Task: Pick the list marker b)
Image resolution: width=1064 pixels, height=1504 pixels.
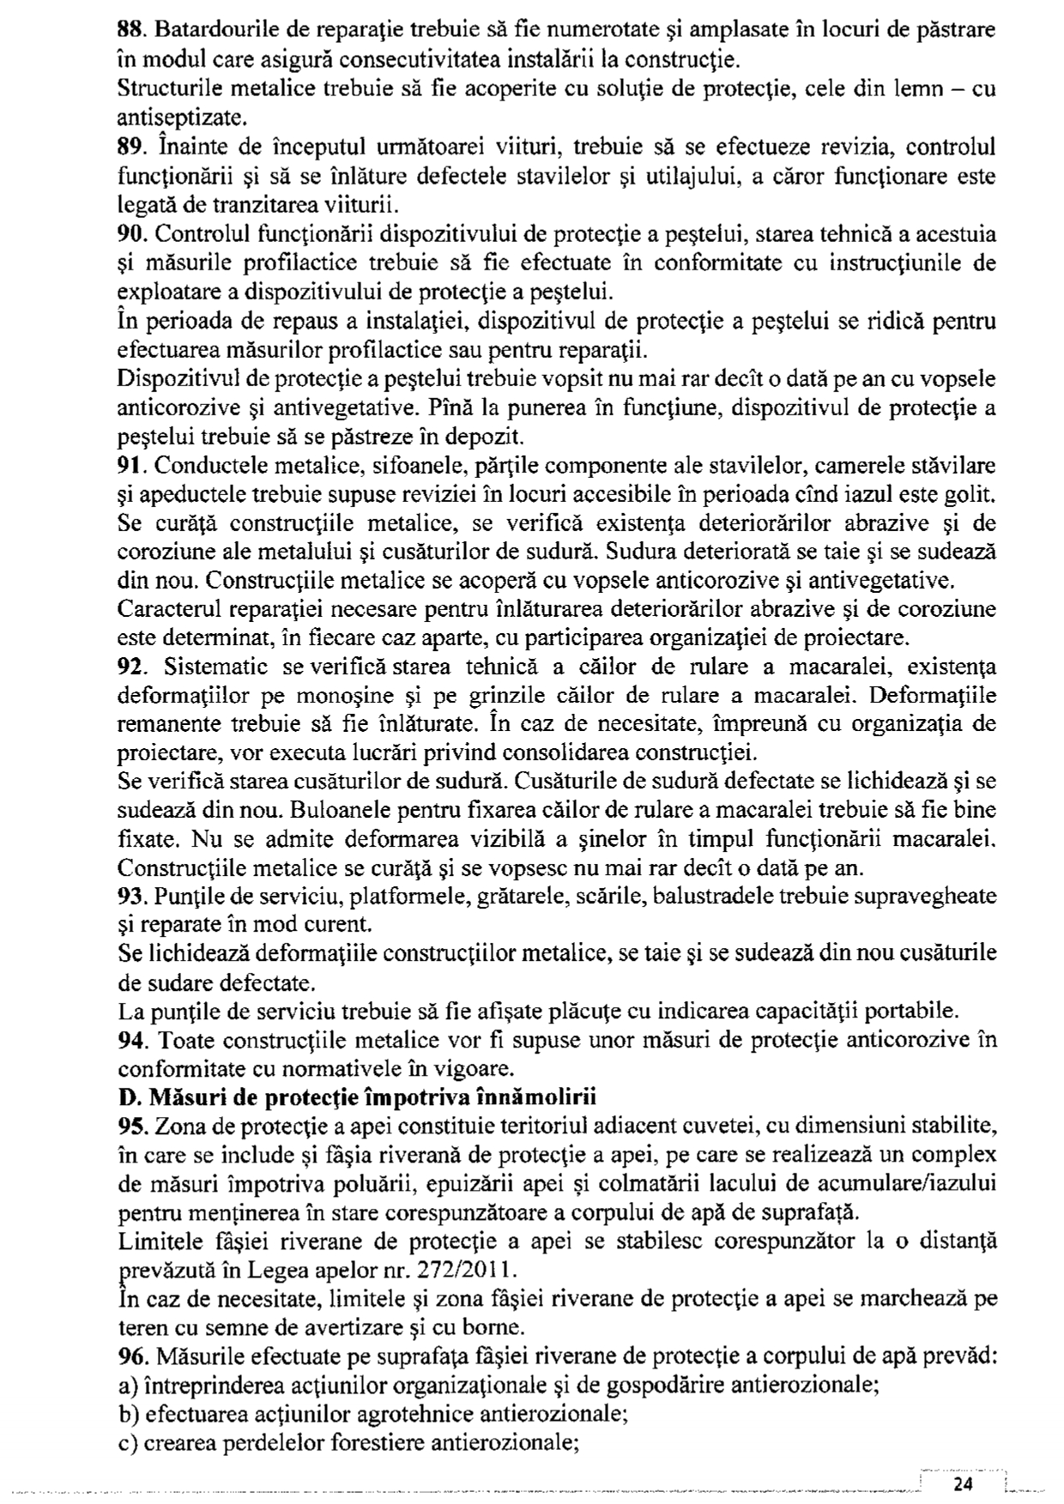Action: click(127, 1414)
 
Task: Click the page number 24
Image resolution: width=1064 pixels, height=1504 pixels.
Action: click(963, 1485)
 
